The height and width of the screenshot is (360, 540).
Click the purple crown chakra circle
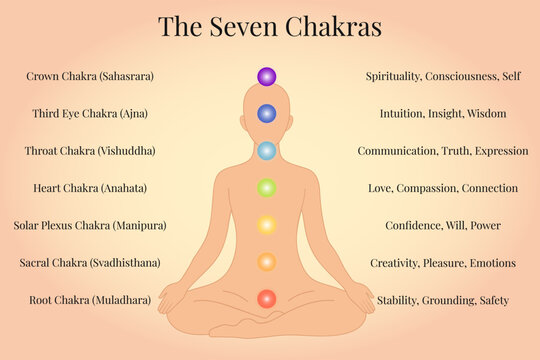click(x=266, y=76)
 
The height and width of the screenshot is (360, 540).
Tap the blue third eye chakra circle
click(x=266, y=114)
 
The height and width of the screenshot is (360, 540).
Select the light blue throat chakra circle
click(x=266, y=151)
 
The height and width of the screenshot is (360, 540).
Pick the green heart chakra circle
click(x=266, y=187)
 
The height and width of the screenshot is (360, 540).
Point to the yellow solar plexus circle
click(x=266, y=225)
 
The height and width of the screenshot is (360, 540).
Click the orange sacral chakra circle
click(x=266, y=262)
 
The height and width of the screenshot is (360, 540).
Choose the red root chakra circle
click(x=266, y=299)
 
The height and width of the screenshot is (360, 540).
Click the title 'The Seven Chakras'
click(x=270, y=27)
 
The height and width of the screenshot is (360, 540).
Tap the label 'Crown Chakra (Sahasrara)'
click(x=90, y=76)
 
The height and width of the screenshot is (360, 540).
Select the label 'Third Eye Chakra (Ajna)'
click(x=90, y=114)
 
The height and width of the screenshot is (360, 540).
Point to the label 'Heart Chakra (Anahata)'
click(x=90, y=188)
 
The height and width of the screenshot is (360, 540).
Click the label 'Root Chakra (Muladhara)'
click(x=90, y=300)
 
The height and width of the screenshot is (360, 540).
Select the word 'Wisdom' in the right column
click(x=486, y=114)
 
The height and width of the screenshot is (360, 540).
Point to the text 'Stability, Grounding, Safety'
click(x=443, y=300)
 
